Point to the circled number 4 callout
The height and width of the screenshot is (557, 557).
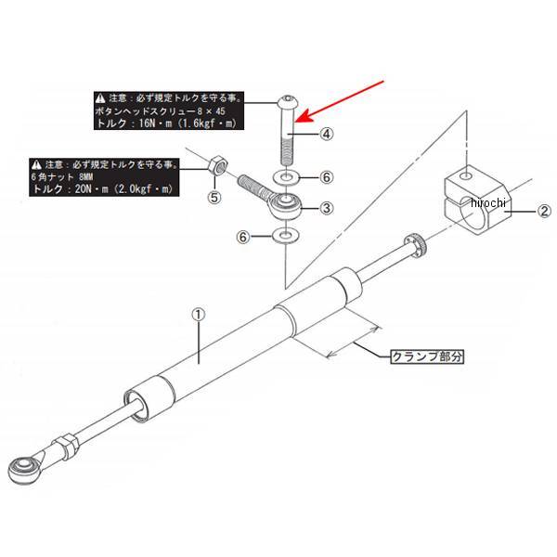[327, 134]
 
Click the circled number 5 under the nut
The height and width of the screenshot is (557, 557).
[214, 198]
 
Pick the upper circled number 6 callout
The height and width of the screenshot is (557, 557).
[327, 176]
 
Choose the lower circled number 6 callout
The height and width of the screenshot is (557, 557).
[244, 238]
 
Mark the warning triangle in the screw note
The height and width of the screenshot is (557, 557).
[99, 97]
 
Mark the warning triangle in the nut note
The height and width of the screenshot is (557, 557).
[34, 164]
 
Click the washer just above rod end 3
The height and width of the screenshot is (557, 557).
[287, 176]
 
